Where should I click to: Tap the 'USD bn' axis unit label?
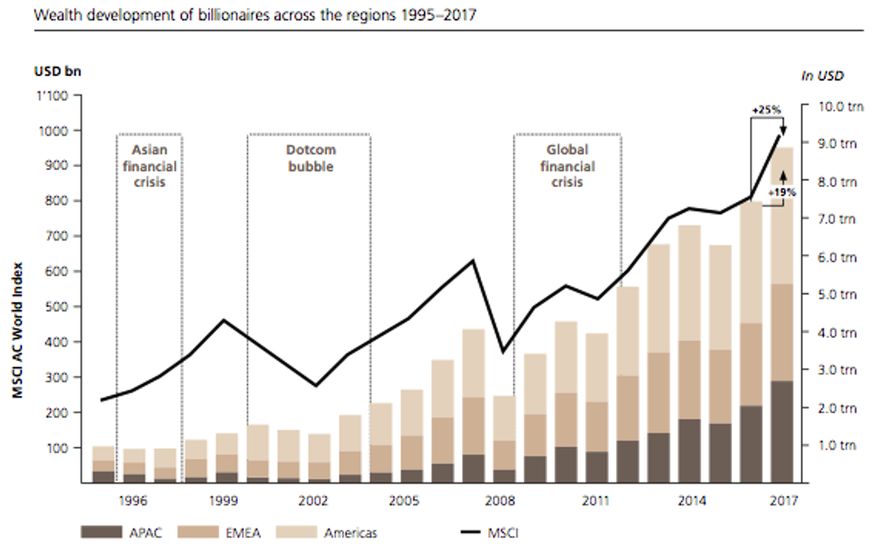coord(57,71)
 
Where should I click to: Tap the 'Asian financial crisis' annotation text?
coord(149,166)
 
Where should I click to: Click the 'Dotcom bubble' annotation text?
coord(309,158)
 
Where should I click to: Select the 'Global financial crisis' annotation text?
coord(567,166)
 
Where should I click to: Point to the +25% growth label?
coord(766,110)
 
